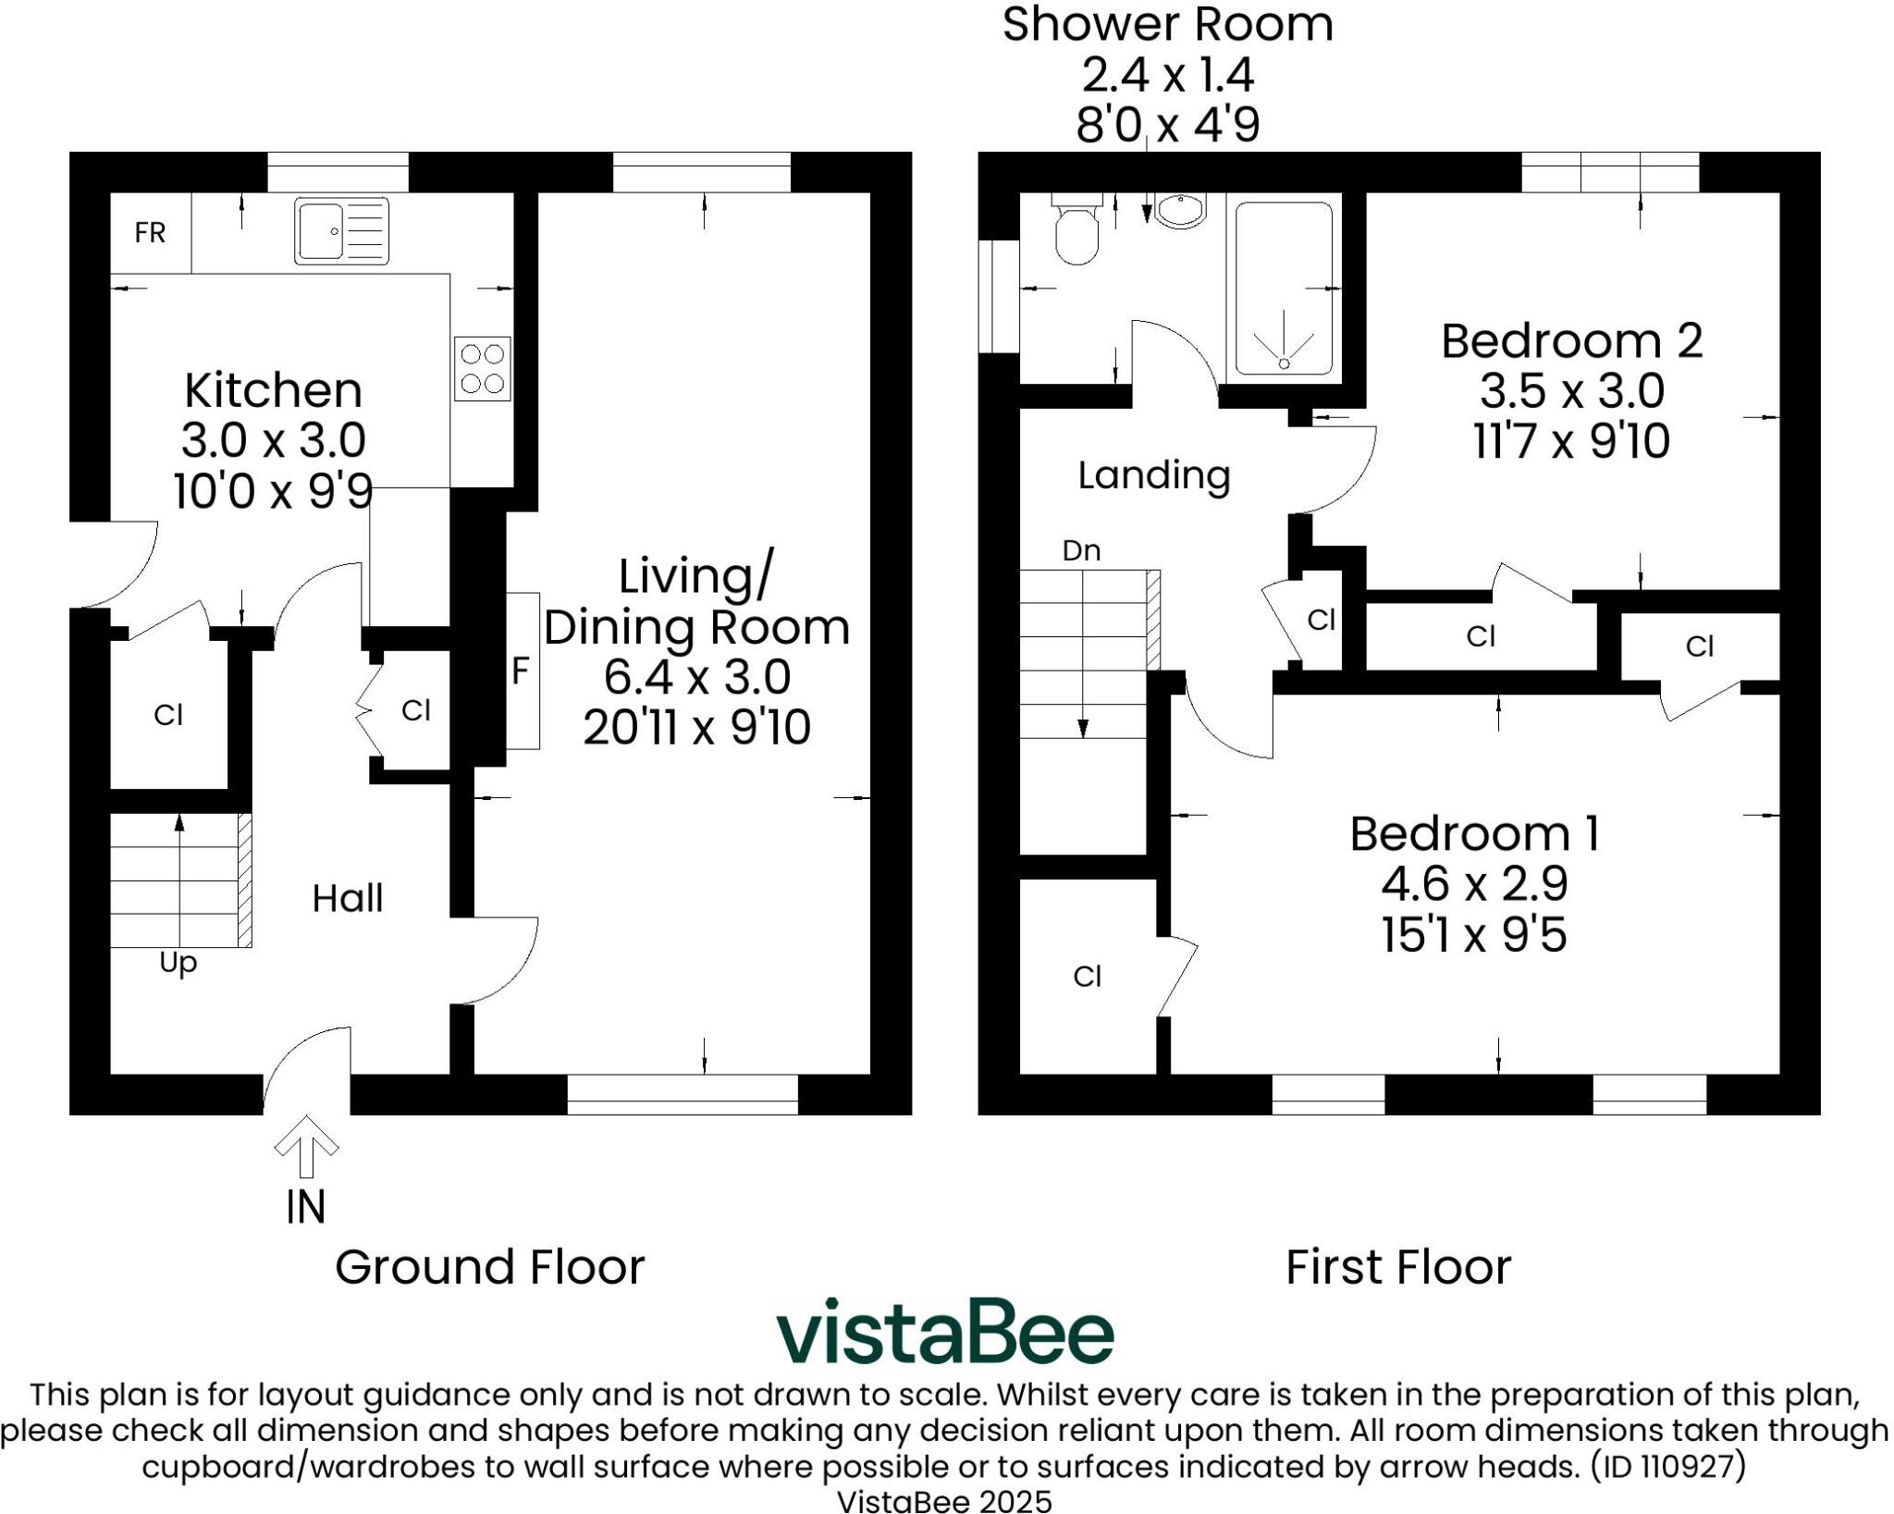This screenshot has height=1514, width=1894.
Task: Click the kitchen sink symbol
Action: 341,231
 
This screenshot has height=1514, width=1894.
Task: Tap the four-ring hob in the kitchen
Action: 482,368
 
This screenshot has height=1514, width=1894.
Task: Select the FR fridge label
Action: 150,233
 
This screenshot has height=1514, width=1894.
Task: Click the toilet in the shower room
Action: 1076,231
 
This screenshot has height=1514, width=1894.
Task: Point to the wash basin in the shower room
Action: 1181,211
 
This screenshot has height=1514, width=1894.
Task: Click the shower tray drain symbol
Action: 1284,363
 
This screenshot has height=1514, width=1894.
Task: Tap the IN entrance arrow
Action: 306,1148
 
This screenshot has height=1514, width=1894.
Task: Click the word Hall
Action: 347,898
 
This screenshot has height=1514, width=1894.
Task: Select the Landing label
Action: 1153,475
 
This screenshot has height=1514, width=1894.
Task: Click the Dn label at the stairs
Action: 1081,551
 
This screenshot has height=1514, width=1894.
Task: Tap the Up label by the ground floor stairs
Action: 178,963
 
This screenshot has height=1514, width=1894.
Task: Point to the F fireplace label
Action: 521,671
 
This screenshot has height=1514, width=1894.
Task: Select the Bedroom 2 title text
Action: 1571,340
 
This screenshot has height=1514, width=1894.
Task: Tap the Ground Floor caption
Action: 489,1267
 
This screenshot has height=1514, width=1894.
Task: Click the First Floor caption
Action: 1397,1267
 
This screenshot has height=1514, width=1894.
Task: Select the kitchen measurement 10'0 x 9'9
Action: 273,490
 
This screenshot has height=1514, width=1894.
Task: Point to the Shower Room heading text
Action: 1167,24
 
